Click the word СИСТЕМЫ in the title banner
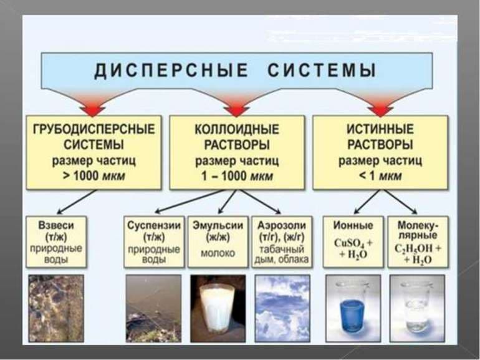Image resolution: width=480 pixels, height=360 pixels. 322,70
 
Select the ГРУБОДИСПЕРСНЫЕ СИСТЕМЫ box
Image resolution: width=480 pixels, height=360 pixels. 94,152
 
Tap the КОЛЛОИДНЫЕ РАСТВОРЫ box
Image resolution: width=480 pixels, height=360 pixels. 237,152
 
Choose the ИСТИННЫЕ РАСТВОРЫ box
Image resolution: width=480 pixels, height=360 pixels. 380,152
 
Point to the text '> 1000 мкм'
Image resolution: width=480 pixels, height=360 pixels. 94,176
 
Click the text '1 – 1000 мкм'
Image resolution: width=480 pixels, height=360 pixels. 237,176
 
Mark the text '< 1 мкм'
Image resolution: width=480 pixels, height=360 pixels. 380,176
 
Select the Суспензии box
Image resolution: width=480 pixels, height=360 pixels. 153,241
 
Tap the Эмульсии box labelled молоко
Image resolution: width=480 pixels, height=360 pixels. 218,241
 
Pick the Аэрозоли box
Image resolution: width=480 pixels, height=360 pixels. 282,241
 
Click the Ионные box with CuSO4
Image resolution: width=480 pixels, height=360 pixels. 353,241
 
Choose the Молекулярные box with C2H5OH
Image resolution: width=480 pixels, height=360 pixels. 416,241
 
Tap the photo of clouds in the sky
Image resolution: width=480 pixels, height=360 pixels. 282,307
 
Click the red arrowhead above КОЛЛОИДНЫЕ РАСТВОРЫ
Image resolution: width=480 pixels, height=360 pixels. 236,109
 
